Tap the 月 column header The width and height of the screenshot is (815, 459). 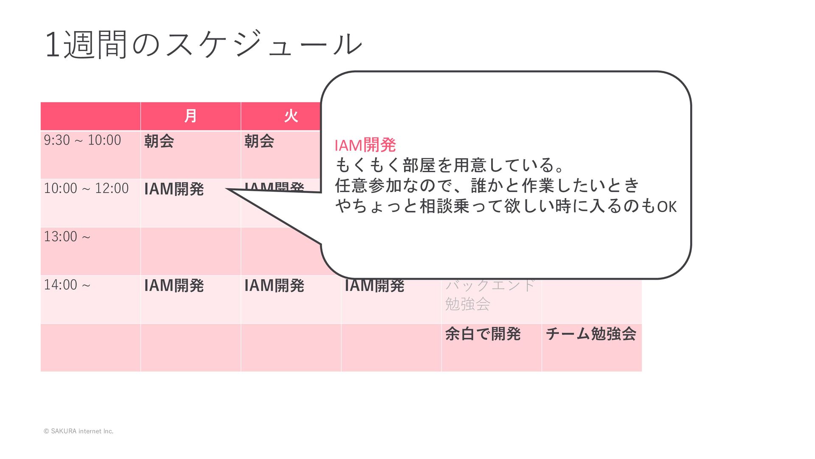coord(191,116)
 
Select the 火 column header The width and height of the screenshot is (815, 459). coord(291,116)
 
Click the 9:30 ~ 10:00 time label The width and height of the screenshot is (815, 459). coord(82,140)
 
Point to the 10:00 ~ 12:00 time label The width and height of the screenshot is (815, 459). coord(86,188)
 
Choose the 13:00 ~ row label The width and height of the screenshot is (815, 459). coord(67,237)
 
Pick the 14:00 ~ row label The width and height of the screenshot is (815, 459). coord(67,285)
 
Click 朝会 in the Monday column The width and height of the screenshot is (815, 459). coord(159,141)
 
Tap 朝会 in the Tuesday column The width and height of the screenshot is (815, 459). coord(259,141)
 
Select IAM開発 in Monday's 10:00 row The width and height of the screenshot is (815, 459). coord(174,189)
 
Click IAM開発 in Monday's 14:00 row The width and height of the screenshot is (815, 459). coord(174,286)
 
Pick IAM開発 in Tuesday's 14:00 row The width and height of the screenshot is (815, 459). coord(274,286)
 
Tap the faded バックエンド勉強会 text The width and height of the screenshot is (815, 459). coord(489,294)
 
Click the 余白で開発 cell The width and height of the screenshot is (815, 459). coord(483,334)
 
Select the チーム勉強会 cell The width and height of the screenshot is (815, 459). coord(591,334)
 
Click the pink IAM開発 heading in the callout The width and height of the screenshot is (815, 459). coord(365,145)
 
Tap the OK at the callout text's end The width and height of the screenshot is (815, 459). coord(667,207)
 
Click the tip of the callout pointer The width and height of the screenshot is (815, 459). coord(228,190)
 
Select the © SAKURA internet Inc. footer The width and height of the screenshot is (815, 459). coord(79,431)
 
